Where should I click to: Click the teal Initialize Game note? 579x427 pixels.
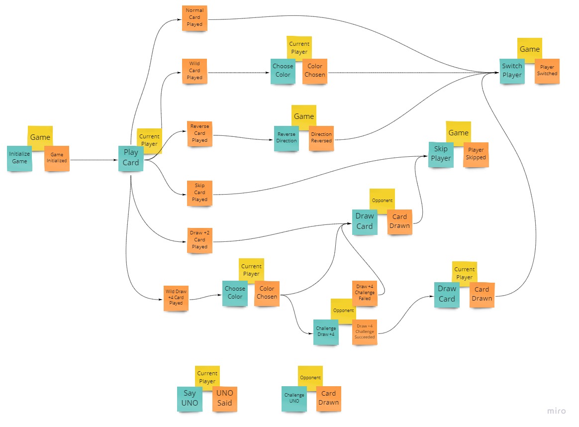19,158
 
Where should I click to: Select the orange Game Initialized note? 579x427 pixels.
57,158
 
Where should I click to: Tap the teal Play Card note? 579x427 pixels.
131,158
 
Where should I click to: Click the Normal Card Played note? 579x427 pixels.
194,17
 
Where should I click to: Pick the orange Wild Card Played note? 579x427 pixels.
194,71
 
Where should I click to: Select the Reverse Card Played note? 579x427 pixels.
199,133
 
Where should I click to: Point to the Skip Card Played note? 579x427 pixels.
199,193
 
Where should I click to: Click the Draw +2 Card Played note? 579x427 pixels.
199,240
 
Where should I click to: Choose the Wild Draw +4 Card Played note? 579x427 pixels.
176,298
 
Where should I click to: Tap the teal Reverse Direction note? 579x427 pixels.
287,138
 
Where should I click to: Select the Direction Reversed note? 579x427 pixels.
321,138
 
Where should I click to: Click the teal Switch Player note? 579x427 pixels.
512,71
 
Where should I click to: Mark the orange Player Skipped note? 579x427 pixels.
476,154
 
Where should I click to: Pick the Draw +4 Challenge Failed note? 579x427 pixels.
365,293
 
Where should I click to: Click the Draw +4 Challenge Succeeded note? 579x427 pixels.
365,332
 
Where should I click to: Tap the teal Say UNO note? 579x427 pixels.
190,399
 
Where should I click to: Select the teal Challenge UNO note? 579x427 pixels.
294,399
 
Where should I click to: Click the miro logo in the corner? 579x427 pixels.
557,411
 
